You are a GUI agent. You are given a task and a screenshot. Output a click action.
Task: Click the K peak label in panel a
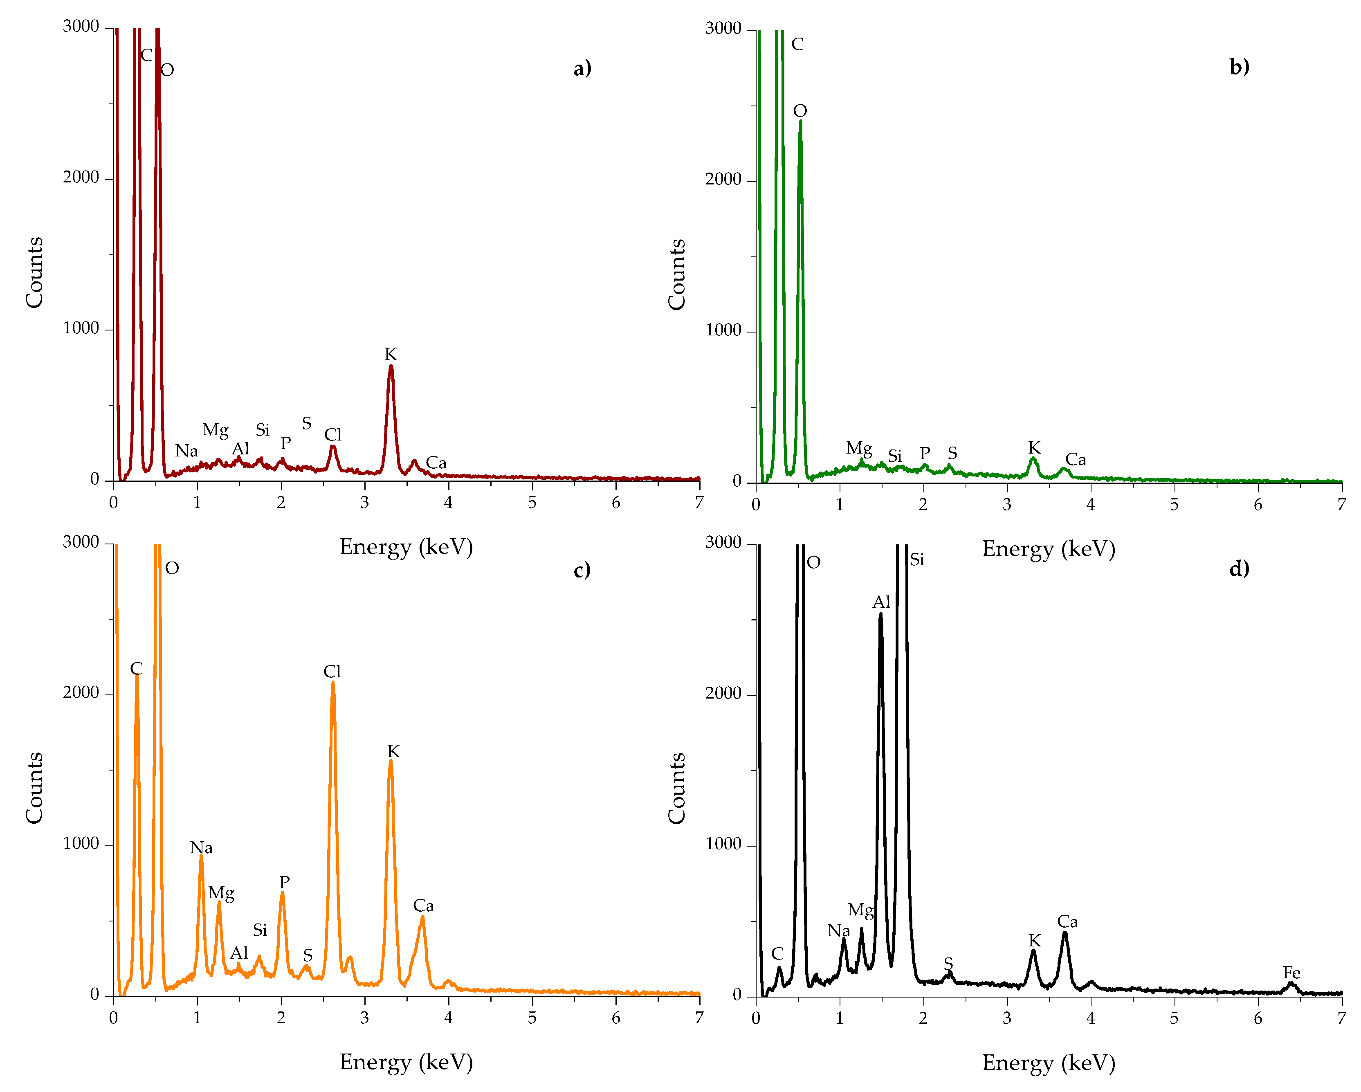click(390, 354)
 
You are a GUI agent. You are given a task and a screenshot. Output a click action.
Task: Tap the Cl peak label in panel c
click(332, 671)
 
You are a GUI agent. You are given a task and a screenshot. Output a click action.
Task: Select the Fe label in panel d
click(1291, 973)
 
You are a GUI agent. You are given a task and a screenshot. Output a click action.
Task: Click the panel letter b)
click(1239, 67)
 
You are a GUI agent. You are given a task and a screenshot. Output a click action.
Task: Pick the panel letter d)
click(1239, 569)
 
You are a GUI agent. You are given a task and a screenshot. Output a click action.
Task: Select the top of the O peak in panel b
click(800, 121)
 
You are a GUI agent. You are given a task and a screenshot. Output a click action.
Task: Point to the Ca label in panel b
click(1076, 460)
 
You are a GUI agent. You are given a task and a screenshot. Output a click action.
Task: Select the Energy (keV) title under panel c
click(406, 1062)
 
